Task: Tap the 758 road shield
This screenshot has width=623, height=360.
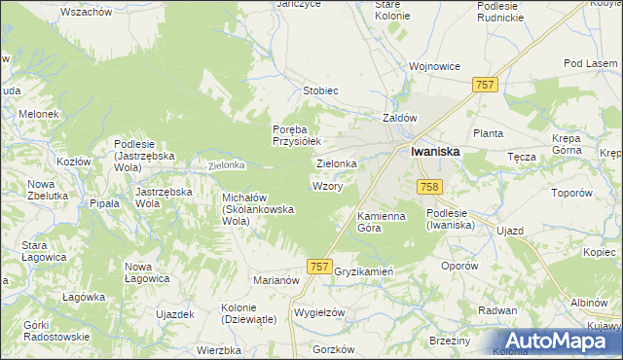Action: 429,186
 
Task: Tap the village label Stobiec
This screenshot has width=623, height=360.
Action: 320,90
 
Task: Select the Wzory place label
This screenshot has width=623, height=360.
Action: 326,185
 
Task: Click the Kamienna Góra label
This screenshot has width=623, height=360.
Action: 381,221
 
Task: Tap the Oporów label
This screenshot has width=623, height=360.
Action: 459,265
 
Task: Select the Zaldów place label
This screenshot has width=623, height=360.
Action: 399,118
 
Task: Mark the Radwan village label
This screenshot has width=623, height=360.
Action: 497,310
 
